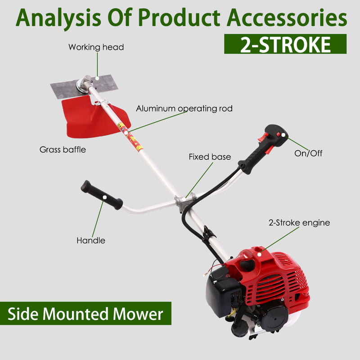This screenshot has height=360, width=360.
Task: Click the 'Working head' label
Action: click(96, 47)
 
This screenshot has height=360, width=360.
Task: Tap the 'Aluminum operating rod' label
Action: click(184, 108)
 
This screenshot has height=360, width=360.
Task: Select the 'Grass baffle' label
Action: click(63, 149)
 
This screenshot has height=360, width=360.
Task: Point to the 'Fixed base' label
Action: click(209, 157)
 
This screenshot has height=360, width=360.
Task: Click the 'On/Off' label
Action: click(308, 153)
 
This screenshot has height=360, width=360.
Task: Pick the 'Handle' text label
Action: click(90, 241)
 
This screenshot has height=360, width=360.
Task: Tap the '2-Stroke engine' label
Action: click(299, 222)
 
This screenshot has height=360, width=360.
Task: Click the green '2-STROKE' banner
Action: click(285, 44)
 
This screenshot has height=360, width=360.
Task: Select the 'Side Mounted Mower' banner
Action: click(85, 313)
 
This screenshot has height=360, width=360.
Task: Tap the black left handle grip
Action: click(101, 195)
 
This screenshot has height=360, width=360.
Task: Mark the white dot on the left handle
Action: click(104, 197)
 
